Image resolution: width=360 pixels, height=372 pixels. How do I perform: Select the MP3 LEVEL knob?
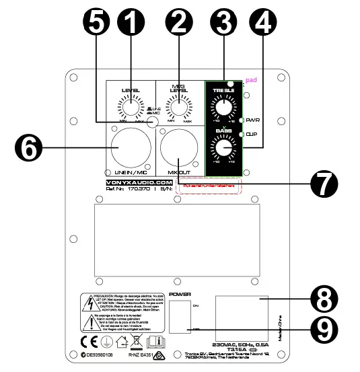(x=177, y=106)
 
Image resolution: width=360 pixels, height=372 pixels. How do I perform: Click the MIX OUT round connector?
(x=178, y=146)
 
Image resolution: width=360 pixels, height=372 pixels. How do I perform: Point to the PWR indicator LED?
(x=242, y=120)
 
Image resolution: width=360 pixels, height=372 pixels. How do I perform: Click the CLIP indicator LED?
(x=242, y=135)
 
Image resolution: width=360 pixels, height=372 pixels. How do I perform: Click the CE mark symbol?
(x=89, y=341)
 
